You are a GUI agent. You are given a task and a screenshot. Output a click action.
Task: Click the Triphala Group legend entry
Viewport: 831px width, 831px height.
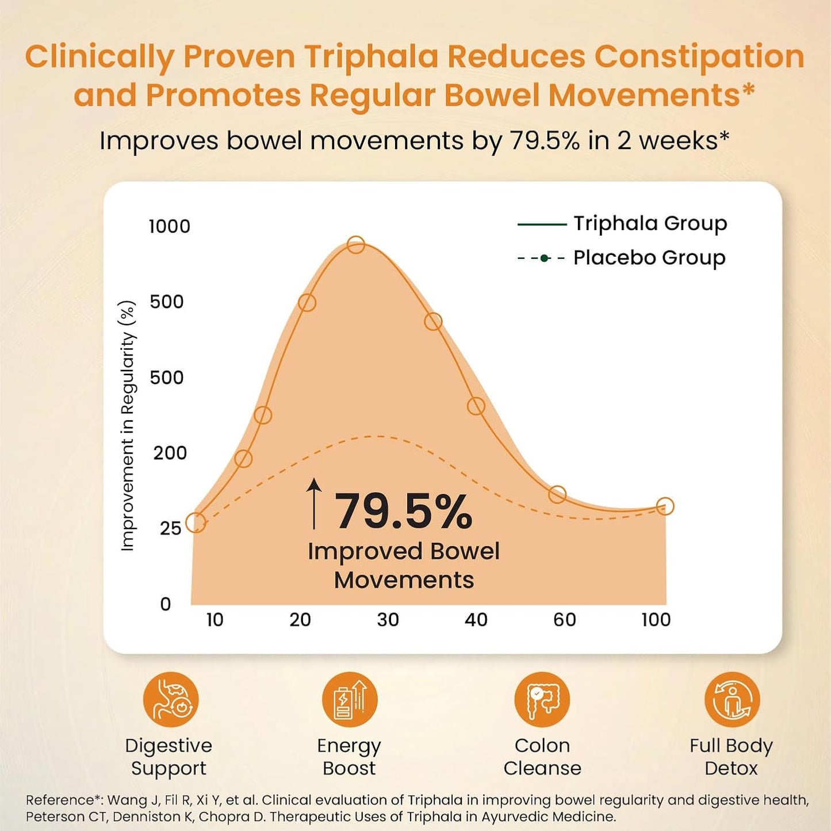pos(623,223)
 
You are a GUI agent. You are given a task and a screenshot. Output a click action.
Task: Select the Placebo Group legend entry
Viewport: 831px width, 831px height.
pos(622,258)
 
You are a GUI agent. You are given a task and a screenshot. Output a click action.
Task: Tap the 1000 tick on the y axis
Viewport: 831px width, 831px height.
pos(169,227)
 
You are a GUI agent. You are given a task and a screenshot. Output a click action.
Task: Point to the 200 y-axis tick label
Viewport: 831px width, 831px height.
pos(170,453)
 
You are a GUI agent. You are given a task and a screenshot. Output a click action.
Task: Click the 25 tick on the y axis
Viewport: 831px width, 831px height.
pos(170,528)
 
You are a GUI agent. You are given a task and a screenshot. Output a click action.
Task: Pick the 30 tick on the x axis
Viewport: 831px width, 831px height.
pos(388,620)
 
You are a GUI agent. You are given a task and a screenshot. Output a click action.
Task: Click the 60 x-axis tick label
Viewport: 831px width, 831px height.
pos(564,620)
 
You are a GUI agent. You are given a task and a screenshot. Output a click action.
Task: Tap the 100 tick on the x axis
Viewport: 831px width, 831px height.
pos(656,620)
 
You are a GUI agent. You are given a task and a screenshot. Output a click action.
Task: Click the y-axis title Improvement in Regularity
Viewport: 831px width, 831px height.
pos(128,426)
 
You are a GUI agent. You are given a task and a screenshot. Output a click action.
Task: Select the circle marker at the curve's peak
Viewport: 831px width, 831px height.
pos(356,245)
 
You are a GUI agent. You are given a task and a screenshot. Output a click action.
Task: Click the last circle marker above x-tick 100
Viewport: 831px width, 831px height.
pos(665,506)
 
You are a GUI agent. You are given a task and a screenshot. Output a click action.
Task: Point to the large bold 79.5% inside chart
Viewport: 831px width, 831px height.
pos(403,511)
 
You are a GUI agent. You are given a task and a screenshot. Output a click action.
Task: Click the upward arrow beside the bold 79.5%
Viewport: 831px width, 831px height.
pos(313,504)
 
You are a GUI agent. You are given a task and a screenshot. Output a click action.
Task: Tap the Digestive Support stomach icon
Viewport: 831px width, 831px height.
pos(170,700)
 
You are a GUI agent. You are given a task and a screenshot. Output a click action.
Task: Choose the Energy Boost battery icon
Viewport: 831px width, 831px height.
pos(349,700)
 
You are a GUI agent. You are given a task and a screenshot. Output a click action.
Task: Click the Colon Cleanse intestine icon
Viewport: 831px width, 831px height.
pos(542,700)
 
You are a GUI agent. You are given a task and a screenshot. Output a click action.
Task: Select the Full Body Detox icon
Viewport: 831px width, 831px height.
pos(732,700)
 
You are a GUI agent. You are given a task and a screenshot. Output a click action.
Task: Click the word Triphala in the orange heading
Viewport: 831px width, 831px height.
pos(372,57)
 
